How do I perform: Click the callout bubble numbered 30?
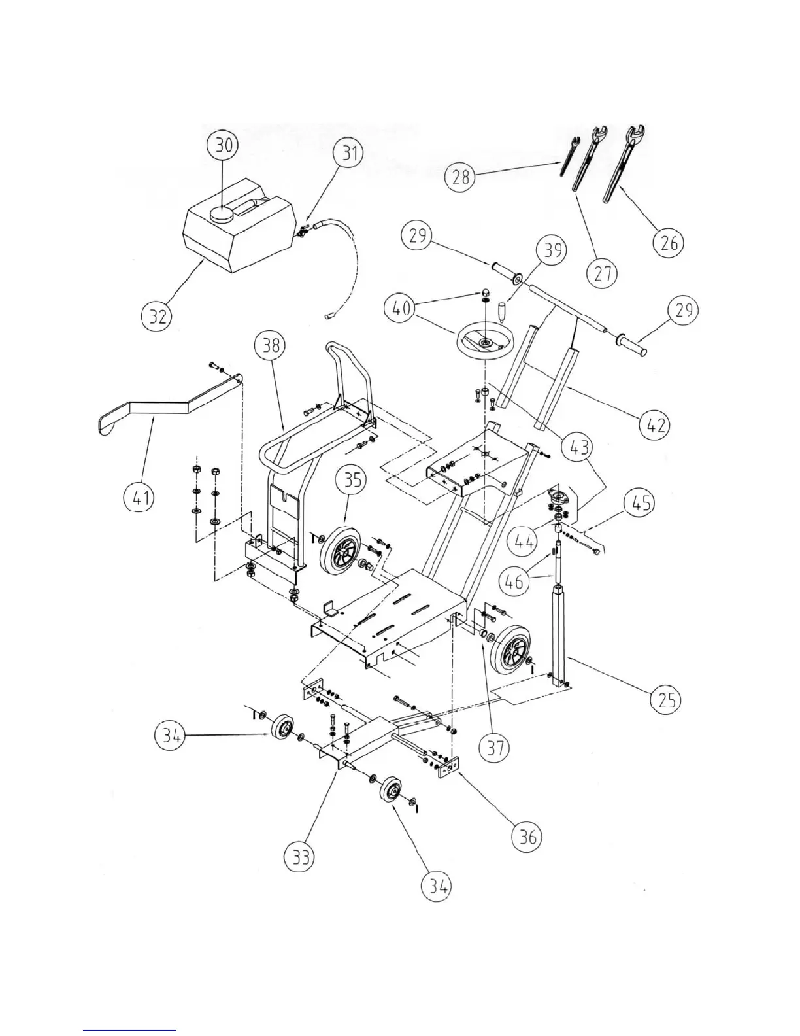[224, 145]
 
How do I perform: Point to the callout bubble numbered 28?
[461, 178]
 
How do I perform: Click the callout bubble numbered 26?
[667, 243]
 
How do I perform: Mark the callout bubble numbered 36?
[527, 836]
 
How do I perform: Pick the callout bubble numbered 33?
[301, 857]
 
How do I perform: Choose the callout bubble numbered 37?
[495, 747]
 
